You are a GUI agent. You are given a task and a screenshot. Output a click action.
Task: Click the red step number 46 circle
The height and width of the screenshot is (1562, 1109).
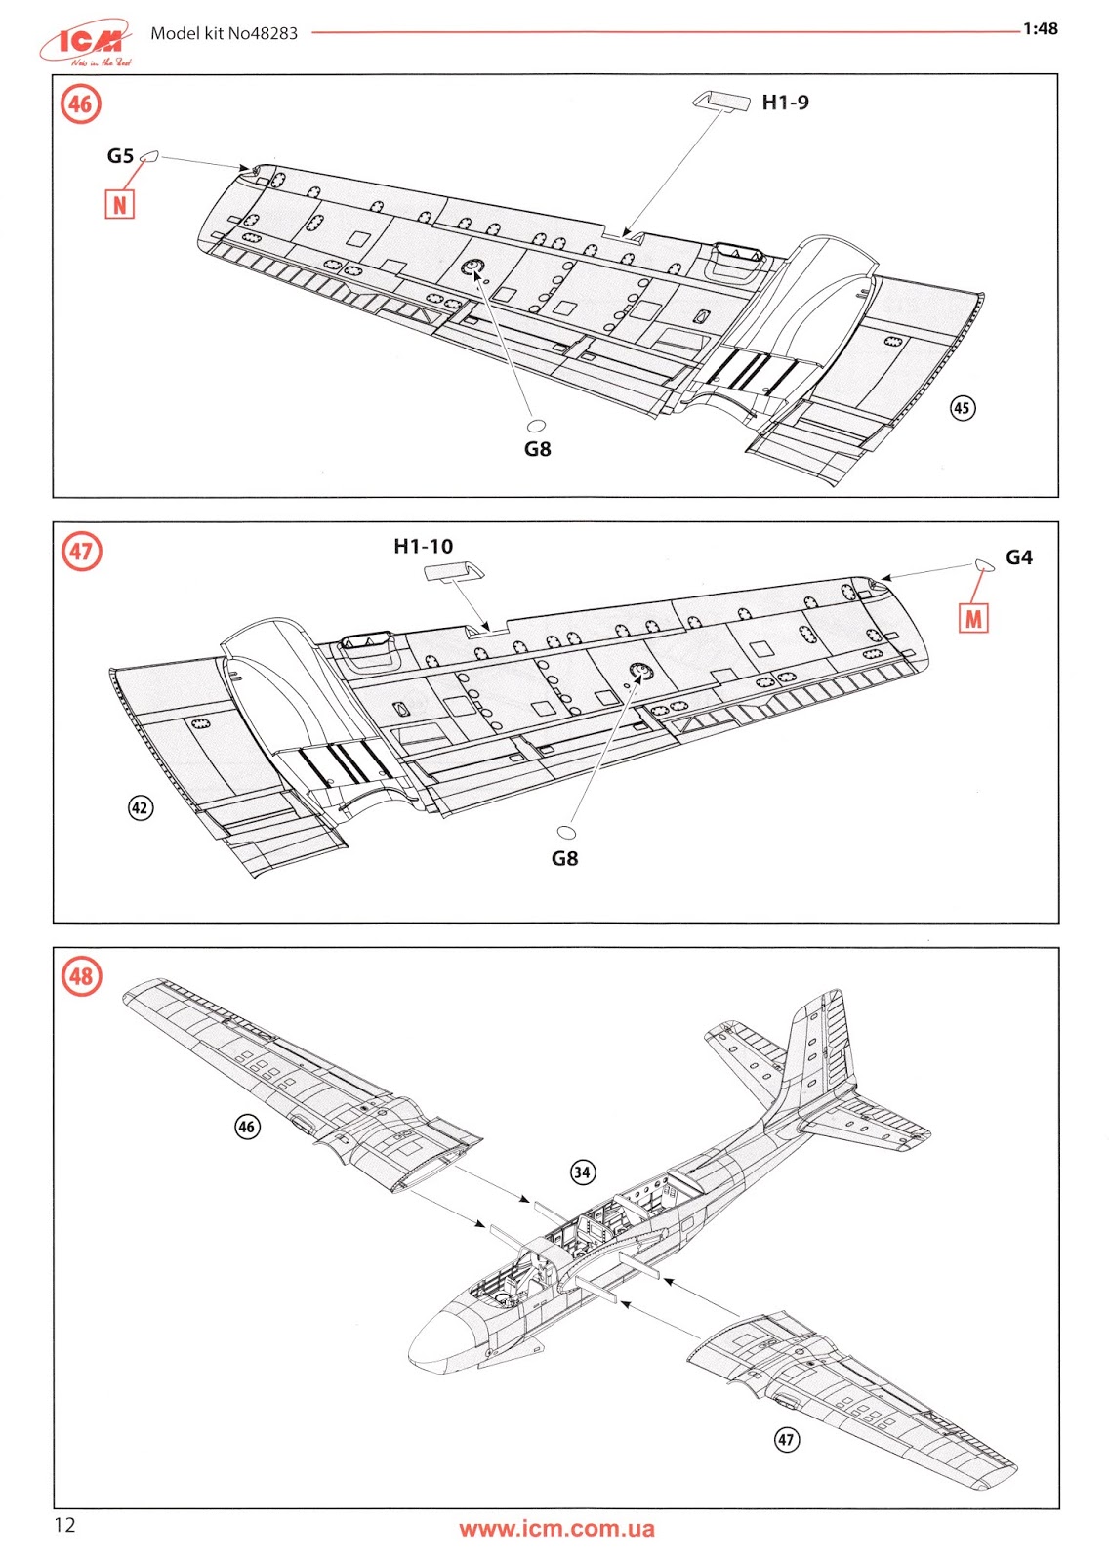tap(81, 104)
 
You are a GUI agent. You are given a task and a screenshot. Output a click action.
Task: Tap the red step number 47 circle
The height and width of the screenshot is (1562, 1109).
tap(81, 552)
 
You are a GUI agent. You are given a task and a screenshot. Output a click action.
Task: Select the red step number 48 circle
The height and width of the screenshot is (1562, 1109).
tap(81, 975)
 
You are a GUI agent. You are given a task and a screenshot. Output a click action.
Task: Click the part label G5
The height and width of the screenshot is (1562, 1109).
tap(120, 156)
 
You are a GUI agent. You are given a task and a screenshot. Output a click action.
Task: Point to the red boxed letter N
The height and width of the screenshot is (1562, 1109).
tap(119, 205)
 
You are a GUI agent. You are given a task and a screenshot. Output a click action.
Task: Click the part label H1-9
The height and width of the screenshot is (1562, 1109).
tap(785, 103)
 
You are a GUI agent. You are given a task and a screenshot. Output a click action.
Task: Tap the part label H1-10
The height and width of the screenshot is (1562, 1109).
tap(423, 547)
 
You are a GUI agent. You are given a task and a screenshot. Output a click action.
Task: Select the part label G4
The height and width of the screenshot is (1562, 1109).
tap(1018, 557)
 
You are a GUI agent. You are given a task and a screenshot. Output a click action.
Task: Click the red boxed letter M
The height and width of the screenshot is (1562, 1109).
tap(973, 619)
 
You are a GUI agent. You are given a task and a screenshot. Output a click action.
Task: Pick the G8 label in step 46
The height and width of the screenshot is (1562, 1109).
tap(538, 449)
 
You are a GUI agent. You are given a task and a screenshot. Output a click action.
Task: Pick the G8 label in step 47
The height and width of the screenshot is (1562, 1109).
tap(564, 858)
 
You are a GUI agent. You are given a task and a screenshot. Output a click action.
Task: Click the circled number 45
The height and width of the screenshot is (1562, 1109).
tap(963, 408)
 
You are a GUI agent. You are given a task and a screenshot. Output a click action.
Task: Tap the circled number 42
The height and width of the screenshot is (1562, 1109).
tap(141, 807)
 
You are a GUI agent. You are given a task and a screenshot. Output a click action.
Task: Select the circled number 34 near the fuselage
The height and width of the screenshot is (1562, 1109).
tap(583, 1172)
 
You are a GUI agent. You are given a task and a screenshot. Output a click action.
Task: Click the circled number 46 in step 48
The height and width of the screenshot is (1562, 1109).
tap(247, 1127)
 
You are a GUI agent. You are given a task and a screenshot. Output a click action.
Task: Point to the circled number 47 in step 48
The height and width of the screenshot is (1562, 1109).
tap(787, 1439)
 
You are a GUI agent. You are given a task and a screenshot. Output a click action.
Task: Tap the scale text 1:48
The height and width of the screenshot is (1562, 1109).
tap(1040, 29)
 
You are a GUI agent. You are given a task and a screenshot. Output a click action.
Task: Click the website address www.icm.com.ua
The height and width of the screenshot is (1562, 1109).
tap(556, 1529)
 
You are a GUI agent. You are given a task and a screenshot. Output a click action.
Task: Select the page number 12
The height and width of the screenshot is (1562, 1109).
tap(64, 1526)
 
